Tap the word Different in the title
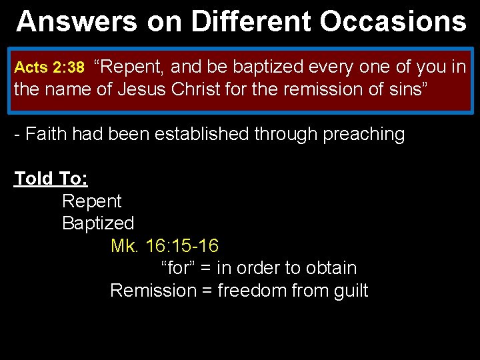click(251, 21)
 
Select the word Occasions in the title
click(393, 21)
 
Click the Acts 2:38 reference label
click(49, 67)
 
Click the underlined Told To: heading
click(51, 179)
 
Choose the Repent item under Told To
click(92, 201)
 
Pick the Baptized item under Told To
click(98, 223)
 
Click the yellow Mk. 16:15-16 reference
click(164, 245)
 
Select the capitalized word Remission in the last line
click(153, 291)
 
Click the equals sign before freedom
click(207, 291)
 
